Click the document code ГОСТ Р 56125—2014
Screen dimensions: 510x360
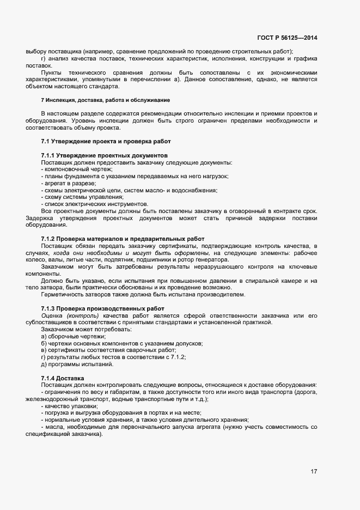287,38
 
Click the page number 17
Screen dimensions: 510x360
314,471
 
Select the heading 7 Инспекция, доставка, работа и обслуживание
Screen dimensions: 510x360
105,100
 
